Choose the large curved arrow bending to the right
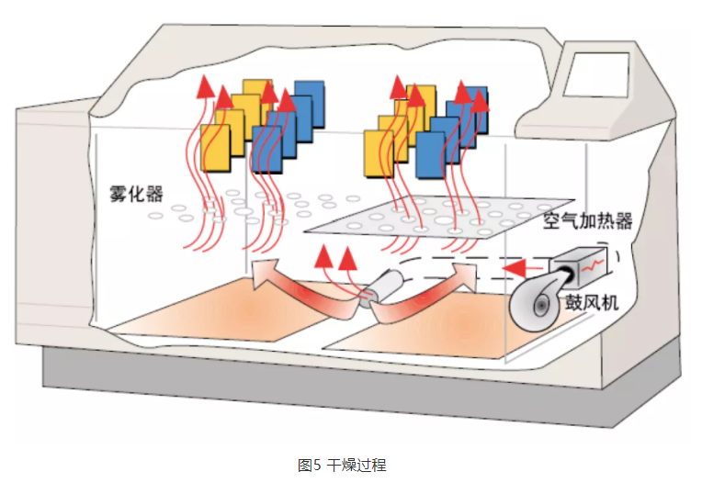point(432,294)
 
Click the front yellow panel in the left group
point(215,151)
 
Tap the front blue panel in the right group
point(431,155)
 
